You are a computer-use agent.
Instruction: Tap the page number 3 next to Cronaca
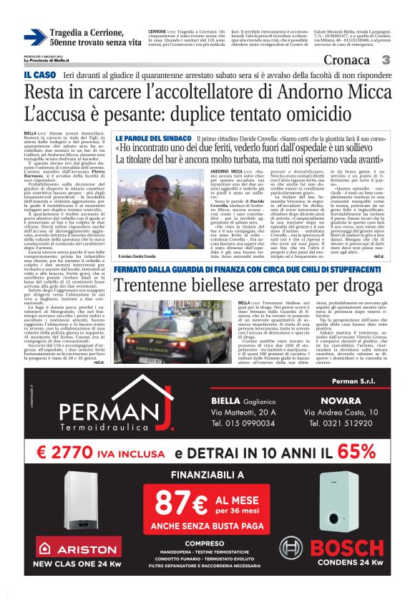385,61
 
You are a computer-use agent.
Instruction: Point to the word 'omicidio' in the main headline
283,115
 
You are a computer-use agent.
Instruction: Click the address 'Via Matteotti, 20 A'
240,413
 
